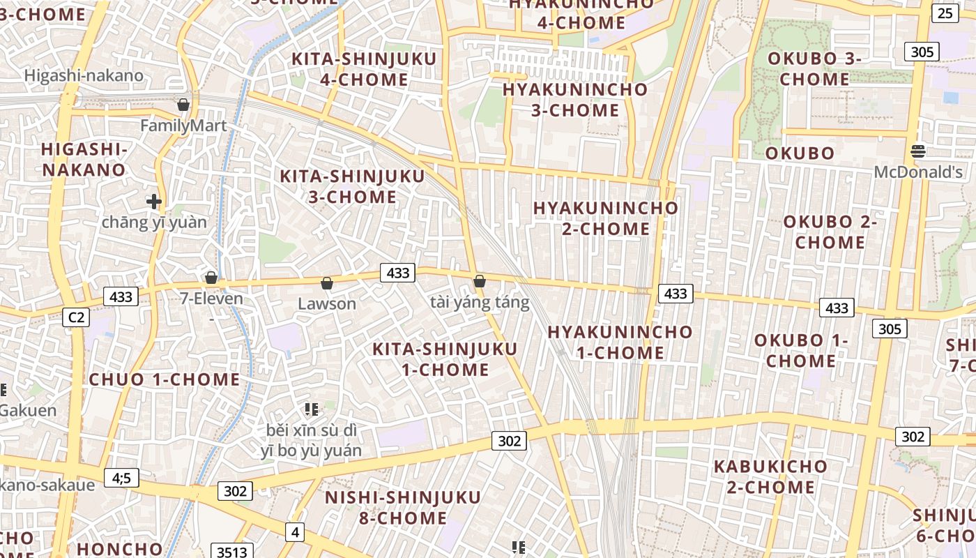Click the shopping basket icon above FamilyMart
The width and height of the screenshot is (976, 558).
[183, 105]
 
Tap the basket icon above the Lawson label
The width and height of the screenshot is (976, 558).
[326, 283]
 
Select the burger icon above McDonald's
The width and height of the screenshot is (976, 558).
[917, 151]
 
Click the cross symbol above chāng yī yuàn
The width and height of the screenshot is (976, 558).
[154, 202]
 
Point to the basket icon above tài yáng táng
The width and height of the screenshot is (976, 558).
[480, 281]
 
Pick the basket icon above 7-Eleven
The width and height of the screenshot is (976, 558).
[211, 278]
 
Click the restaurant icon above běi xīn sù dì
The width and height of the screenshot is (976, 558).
[311, 409]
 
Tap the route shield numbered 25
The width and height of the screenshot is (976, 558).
[945, 13]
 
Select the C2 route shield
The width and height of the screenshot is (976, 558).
[76, 317]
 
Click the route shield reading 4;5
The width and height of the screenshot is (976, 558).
[121, 478]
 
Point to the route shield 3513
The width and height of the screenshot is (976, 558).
[231, 552]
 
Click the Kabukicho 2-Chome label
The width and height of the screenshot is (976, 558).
[770, 476]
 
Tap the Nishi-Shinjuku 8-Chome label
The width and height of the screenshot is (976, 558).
[403, 508]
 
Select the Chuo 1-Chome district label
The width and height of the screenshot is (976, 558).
[165, 380]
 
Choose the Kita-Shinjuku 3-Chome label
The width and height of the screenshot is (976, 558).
[352, 186]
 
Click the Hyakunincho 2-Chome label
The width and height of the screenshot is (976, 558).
[605, 218]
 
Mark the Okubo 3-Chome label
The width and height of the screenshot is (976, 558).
[814, 69]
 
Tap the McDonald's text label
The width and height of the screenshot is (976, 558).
[917, 172]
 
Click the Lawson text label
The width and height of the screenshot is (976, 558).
[327, 304]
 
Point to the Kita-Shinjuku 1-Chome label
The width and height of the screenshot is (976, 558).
[445, 359]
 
